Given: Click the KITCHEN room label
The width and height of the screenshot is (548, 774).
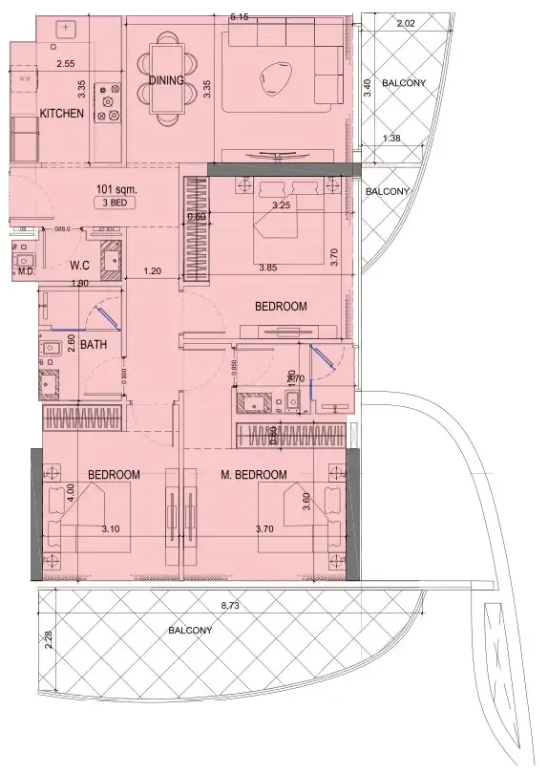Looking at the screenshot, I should coord(62,114).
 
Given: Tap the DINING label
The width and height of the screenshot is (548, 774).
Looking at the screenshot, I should coord(166,81).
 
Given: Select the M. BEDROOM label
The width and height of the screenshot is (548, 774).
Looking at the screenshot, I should coord(254,475).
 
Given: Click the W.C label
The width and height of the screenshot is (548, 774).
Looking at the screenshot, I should coord(80,266).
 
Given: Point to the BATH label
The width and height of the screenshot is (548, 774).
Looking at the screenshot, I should coord(93,345).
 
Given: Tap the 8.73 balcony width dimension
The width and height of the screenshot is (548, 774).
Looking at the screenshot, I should coord(230,607).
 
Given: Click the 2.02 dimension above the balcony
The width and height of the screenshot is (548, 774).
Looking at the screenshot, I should coord(405,23).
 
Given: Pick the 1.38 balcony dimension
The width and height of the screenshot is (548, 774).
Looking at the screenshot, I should coord(390,140).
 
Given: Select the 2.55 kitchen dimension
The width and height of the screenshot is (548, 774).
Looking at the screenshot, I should coord(65,64).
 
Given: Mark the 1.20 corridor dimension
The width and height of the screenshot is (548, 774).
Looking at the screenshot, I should coord(151,271).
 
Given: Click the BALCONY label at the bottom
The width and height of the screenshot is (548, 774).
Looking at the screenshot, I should coord(191,631).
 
